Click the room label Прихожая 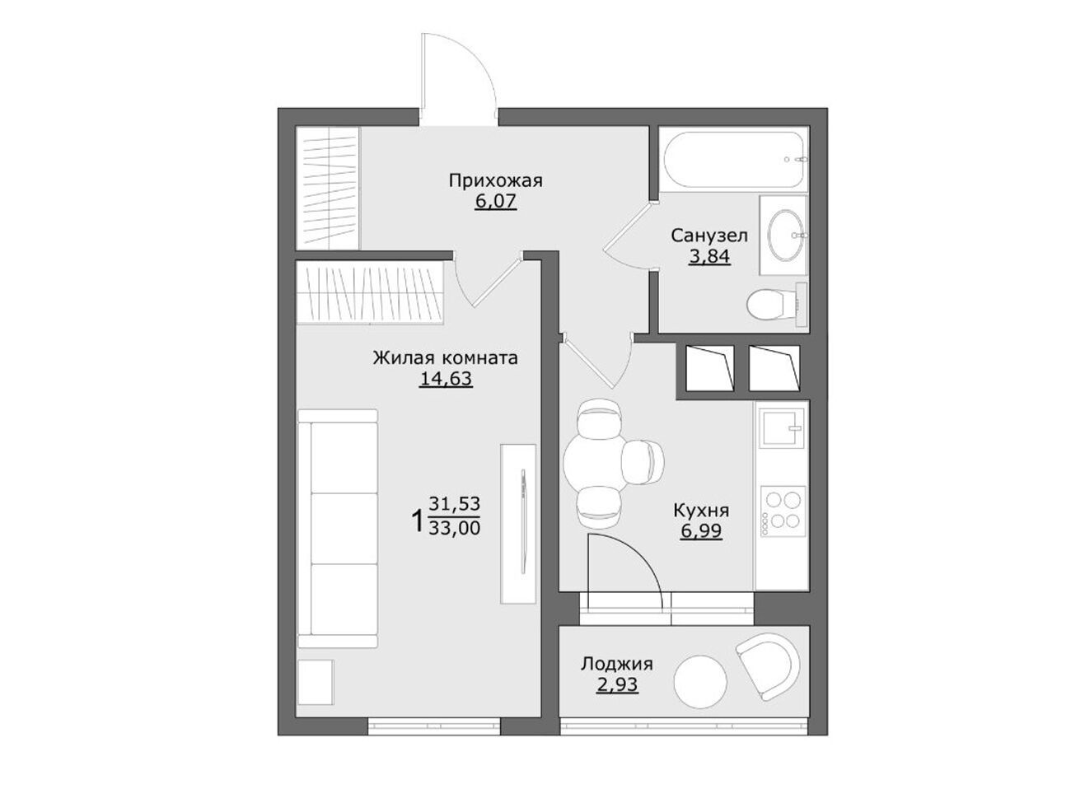495,181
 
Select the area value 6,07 495,201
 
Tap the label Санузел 709,236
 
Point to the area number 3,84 709,256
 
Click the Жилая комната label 446,358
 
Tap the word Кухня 701,511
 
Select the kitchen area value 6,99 701,531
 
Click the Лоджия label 617,664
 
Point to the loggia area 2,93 617,684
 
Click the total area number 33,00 454,529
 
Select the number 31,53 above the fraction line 454,503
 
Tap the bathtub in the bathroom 734,158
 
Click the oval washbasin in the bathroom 786,236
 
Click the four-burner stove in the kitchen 783,511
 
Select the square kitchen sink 782,427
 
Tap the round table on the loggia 700,682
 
